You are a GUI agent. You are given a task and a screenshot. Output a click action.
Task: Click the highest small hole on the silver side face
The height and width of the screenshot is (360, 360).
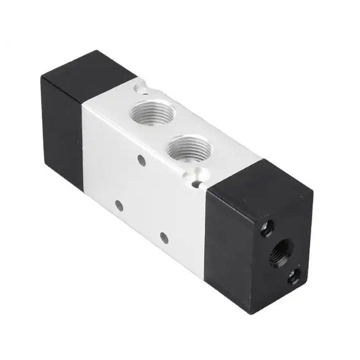tap(142, 160)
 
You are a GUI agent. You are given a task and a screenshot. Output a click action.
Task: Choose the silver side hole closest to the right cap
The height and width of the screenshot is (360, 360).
tap(164, 237)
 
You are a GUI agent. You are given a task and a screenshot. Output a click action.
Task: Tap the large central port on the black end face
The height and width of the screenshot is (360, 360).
tap(279, 251)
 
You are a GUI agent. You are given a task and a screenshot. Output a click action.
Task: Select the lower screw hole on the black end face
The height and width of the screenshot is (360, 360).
tap(294, 277)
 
